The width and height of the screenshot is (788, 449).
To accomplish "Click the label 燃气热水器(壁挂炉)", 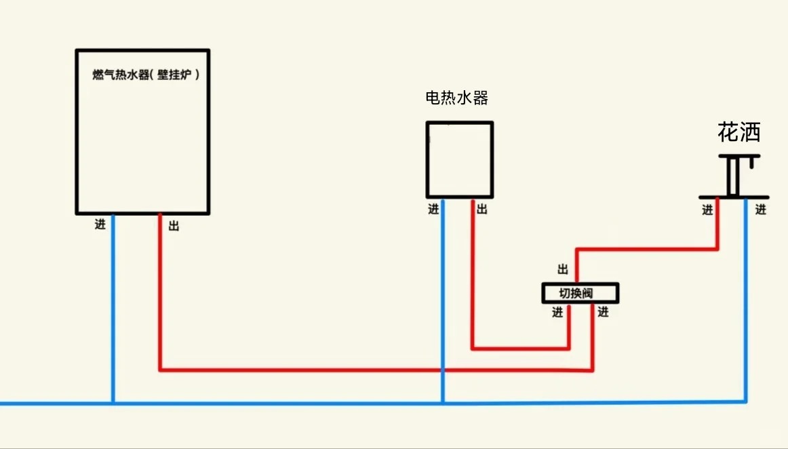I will click(146, 75).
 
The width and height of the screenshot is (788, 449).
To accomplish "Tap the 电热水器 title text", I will click(456, 98).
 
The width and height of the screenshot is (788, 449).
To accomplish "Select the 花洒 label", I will click(738, 132).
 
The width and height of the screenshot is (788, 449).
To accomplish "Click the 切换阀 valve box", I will click(580, 293).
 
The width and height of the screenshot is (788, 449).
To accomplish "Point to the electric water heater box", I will click(459, 159).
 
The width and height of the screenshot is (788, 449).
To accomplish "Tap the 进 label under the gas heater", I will click(100, 224).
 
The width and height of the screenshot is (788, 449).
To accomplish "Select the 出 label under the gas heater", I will click(174, 226).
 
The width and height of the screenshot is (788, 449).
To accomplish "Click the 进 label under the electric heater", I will click(433, 210).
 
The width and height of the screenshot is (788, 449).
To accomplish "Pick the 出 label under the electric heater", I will click(481, 210).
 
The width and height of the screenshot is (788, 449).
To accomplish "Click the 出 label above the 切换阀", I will click(563, 269).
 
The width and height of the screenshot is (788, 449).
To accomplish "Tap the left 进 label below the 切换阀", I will click(557, 313).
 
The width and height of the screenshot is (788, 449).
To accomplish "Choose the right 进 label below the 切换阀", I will click(603, 313).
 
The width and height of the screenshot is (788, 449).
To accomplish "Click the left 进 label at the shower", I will click(707, 210).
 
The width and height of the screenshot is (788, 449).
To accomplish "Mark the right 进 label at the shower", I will click(761, 210).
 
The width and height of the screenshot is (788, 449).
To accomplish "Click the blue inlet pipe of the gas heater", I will click(113, 305).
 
